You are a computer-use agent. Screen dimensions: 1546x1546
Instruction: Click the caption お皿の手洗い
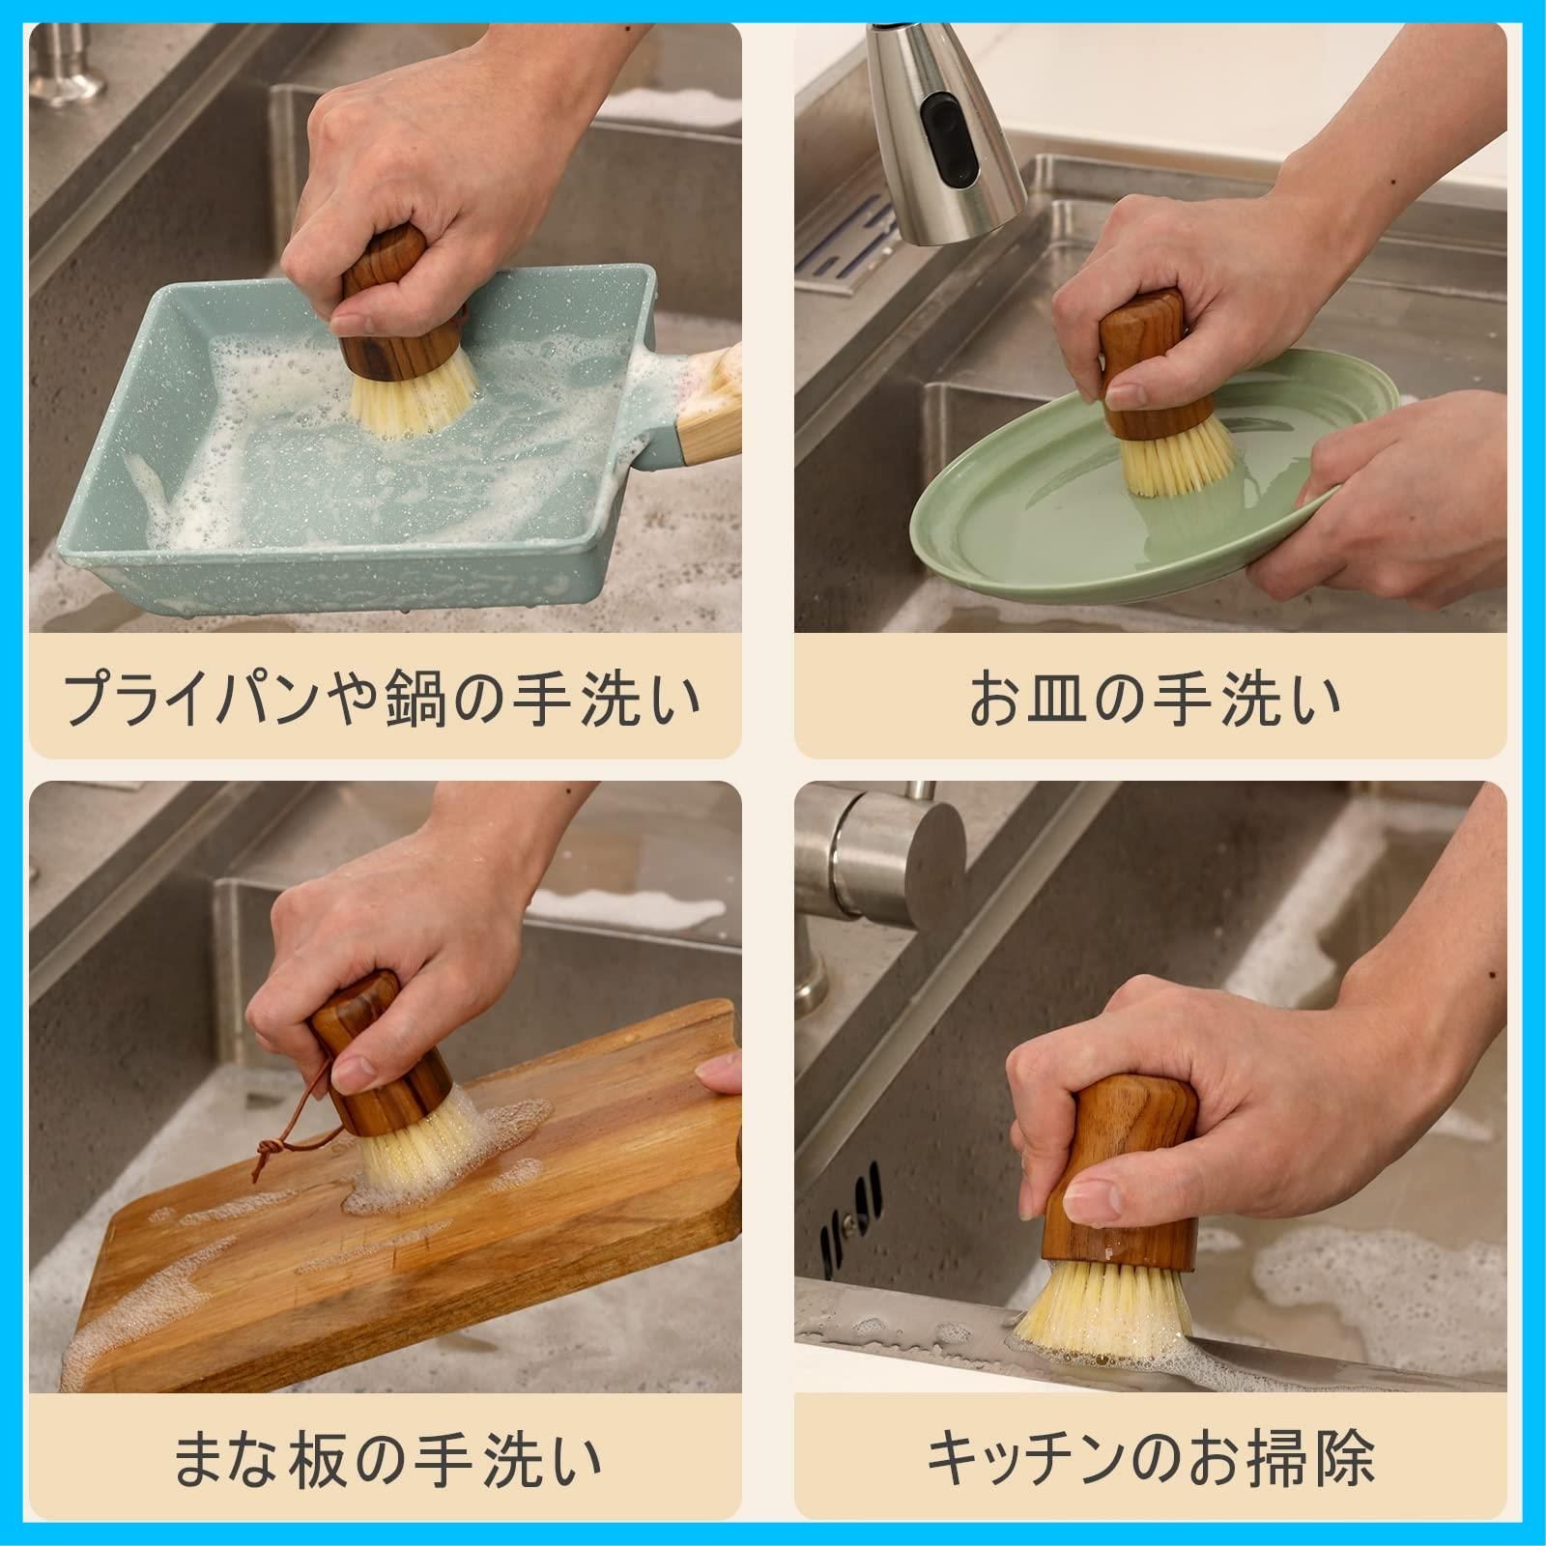point(1155,698)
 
